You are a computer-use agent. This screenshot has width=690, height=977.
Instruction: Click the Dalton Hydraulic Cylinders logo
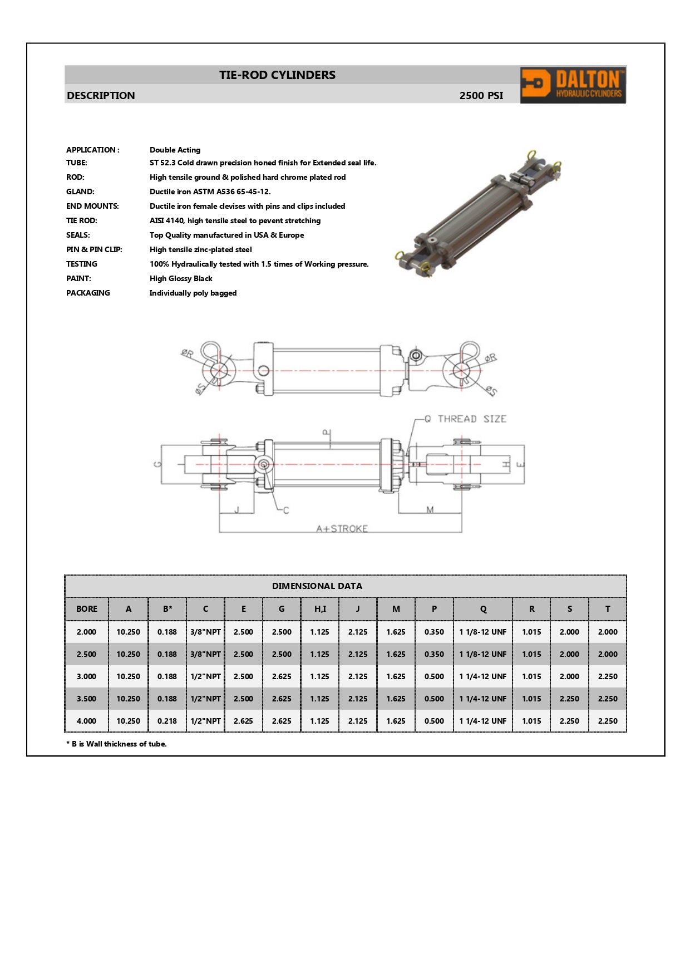(x=573, y=85)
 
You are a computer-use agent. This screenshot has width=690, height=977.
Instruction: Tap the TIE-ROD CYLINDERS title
(x=277, y=75)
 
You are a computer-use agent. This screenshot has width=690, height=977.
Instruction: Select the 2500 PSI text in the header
(x=481, y=95)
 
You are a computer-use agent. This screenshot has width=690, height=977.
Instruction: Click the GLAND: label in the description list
(x=80, y=192)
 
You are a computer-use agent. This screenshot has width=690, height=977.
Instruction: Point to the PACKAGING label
(x=88, y=293)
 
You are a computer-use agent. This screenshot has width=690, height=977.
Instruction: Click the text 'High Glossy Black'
(x=181, y=278)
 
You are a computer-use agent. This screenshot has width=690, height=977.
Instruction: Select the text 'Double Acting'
(x=175, y=150)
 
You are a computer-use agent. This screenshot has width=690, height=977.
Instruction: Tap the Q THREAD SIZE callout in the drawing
(x=465, y=419)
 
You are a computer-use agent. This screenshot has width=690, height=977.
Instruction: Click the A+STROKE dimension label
(x=342, y=528)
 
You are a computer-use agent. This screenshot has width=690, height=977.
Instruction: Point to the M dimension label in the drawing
(x=430, y=509)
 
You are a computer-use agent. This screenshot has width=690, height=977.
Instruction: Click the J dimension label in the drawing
(x=236, y=509)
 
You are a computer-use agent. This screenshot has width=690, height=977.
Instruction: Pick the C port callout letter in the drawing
(x=286, y=510)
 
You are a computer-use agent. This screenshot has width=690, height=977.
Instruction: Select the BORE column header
(x=86, y=609)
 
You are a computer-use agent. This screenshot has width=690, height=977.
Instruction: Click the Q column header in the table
(x=483, y=609)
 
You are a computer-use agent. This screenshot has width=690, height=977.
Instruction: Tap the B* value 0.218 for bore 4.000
(x=167, y=721)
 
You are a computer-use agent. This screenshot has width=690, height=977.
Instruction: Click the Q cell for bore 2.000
(x=483, y=632)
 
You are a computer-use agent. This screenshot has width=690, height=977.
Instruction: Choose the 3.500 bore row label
(x=86, y=699)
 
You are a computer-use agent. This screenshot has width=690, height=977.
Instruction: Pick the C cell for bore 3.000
(x=205, y=676)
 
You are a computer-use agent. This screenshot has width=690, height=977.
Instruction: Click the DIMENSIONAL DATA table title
(x=317, y=586)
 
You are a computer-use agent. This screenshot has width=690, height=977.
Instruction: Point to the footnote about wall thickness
(x=116, y=744)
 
